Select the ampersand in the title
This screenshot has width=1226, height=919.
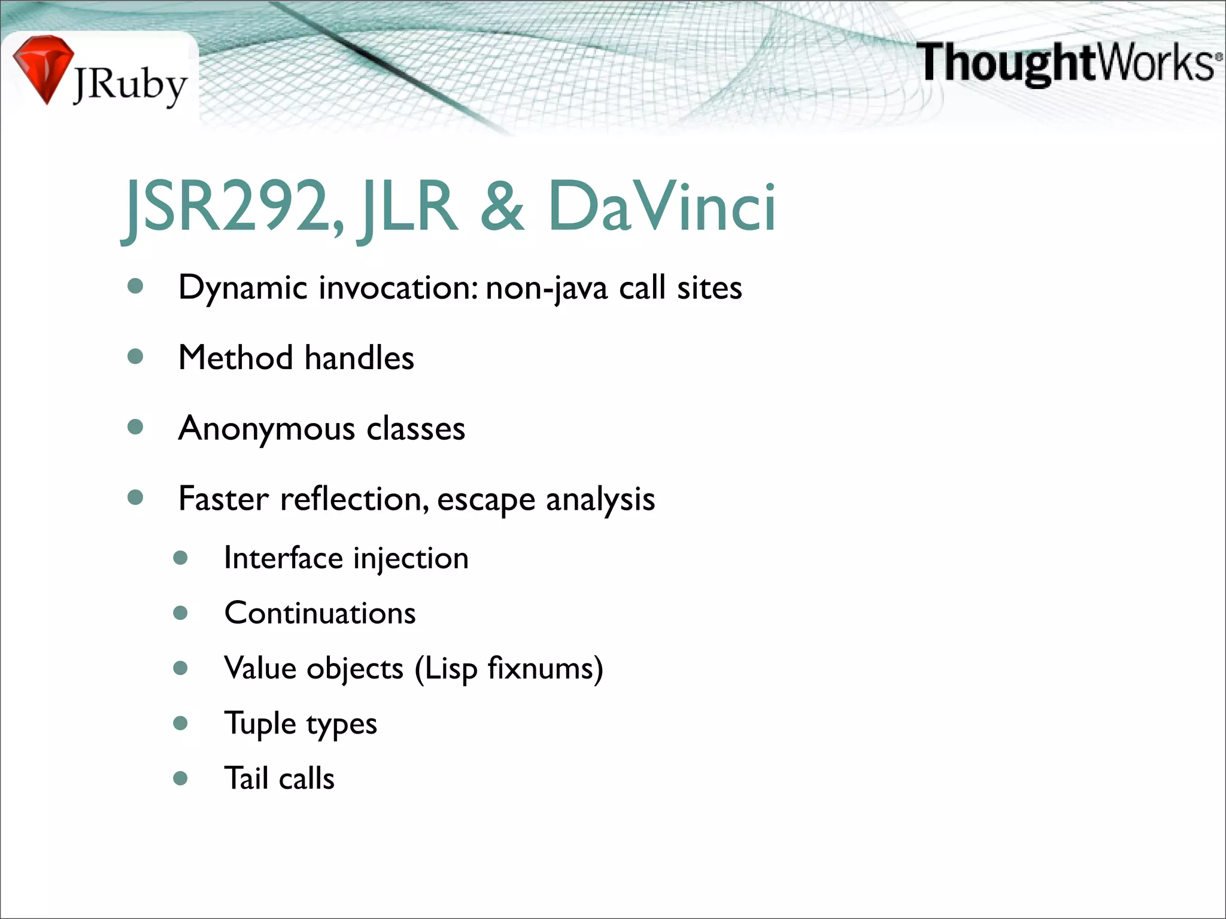pos(502,207)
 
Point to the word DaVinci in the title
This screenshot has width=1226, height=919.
pos(661,207)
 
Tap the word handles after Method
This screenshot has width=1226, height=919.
pos(359,358)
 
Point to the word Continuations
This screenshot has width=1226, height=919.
pos(320,613)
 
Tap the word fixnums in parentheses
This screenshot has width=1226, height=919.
pos(539,668)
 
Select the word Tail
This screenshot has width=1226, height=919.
pos(246,778)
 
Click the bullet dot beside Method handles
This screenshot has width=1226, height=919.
pos(136,357)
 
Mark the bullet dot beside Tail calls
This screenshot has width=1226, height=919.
pos(180,778)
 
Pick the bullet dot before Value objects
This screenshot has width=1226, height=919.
pos(180,668)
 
